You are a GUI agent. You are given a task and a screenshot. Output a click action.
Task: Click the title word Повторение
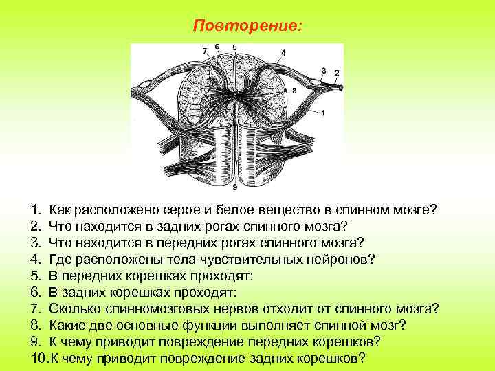pyautogui.click(x=247, y=25)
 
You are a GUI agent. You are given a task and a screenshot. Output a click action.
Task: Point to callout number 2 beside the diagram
pyautogui.click(x=336, y=73)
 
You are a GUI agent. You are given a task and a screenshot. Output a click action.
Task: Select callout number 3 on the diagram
pyautogui.click(x=324, y=70)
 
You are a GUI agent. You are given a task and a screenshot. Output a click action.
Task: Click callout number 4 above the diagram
pyautogui.click(x=284, y=52)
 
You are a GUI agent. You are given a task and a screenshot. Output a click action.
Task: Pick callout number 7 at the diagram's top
pyautogui.click(x=204, y=51)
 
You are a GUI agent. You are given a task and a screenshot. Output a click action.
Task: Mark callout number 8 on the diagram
pyautogui.click(x=294, y=90)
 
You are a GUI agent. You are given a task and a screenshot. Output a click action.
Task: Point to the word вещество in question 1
pyautogui.click(x=290, y=209)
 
